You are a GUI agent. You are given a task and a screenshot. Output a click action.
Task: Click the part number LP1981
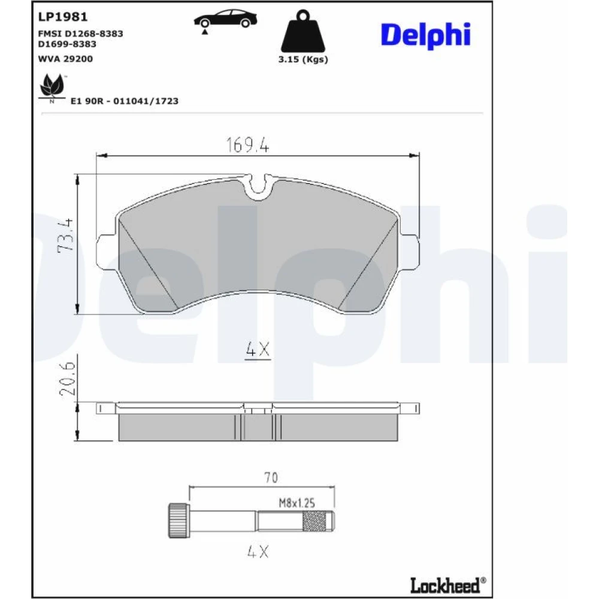pos(63,17)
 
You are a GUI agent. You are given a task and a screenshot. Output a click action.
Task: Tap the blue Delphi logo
pos(425,35)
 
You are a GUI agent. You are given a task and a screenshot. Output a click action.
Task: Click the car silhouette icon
pos(225,20)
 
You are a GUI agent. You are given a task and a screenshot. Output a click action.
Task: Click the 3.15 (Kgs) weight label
pos(303,59)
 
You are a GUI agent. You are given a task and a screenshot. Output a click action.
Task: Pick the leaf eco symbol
pos(52,86)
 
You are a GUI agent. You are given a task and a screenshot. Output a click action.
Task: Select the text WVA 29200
pos(65,59)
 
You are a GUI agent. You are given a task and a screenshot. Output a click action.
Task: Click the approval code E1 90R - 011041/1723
pos(125,101)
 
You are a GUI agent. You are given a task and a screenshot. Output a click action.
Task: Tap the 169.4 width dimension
pos(247,145)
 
